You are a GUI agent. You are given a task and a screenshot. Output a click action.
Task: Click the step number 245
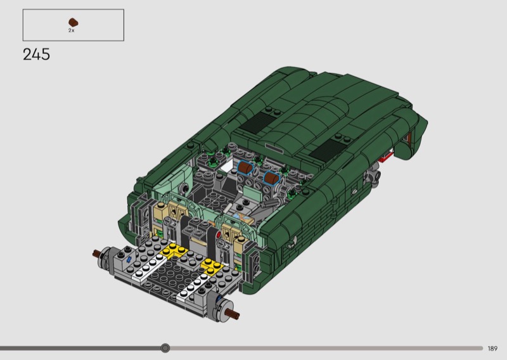(37, 55)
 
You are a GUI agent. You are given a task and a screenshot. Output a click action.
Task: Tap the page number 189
(492, 349)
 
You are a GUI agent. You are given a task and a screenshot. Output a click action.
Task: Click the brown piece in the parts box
(74, 22)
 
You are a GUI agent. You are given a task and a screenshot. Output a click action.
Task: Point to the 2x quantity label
(72, 30)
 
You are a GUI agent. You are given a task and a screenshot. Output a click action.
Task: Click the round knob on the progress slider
(165, 348)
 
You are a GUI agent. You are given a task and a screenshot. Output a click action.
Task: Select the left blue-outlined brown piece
(245, 168)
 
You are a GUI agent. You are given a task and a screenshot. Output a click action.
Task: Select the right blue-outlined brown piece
(273, 178)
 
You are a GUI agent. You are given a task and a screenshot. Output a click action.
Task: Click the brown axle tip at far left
(96, 254)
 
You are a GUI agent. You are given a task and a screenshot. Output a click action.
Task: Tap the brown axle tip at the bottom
(233, 313)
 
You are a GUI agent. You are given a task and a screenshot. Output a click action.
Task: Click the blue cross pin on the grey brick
(129, 259)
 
